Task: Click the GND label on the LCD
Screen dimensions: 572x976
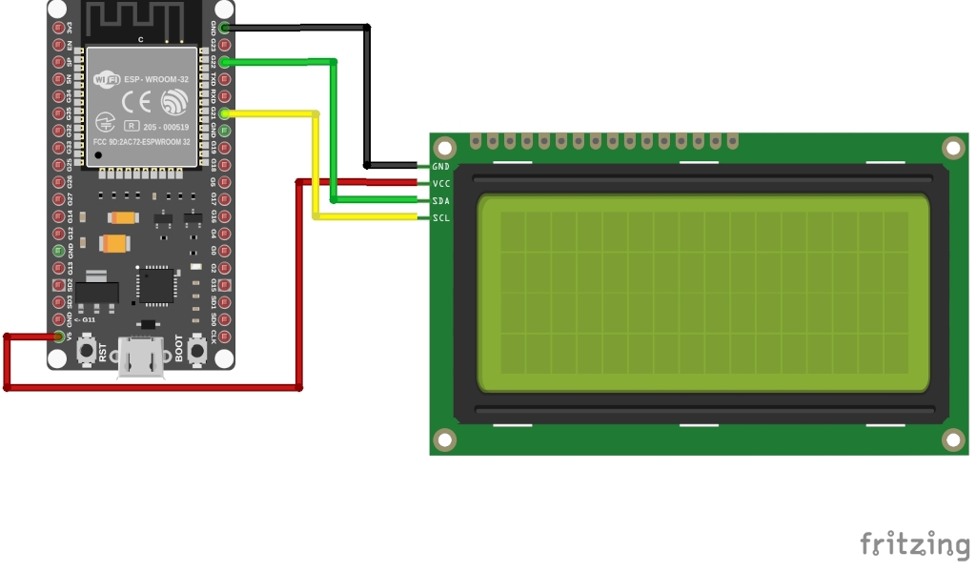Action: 441,167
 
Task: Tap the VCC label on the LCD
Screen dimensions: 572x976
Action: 441,183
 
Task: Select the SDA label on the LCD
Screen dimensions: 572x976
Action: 441,201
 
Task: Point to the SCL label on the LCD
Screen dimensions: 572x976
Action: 441,218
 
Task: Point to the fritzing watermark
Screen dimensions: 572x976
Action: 914,544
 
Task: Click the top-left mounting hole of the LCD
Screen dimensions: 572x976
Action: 444,148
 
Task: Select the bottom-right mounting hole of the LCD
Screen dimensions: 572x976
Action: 953,439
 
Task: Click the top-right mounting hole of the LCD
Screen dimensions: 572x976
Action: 953,148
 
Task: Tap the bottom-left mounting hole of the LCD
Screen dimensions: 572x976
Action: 444,439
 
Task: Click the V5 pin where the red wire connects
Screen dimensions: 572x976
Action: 59,337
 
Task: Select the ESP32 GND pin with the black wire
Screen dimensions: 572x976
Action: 225,28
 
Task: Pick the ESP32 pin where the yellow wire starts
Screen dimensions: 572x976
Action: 225,113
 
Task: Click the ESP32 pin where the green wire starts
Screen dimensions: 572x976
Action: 225,62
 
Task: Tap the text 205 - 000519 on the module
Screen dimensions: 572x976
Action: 167,127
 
